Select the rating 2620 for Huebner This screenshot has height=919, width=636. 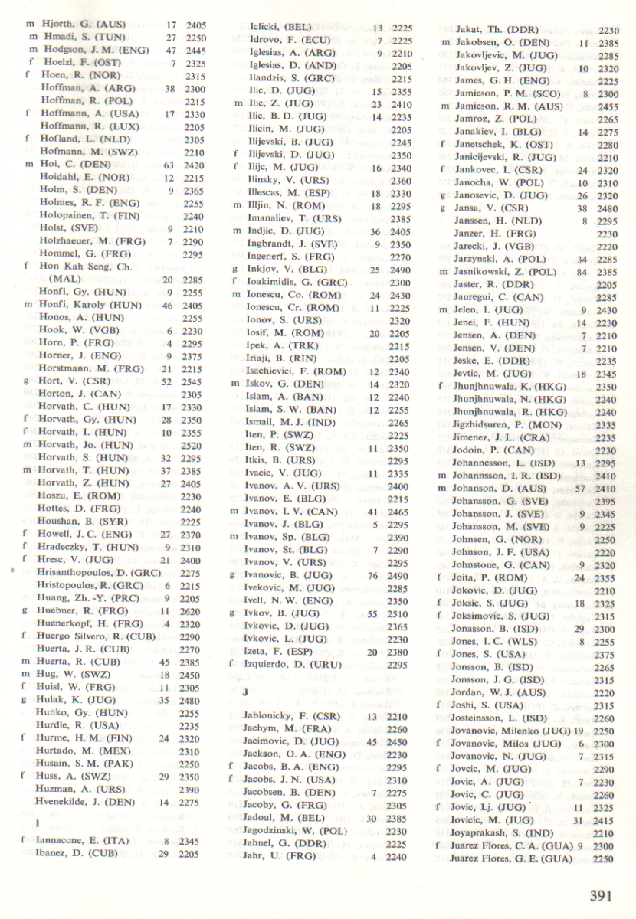tap(195, 610)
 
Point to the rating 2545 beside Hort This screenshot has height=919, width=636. tap(195, 381)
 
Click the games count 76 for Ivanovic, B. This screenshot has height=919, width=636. tap(375, 574)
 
